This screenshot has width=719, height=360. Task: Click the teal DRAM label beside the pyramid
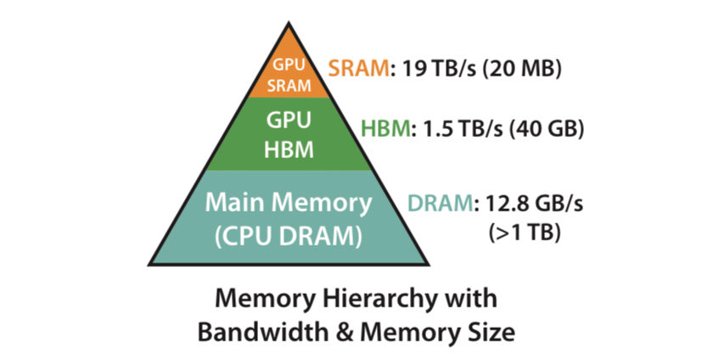(x=439, y=204)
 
